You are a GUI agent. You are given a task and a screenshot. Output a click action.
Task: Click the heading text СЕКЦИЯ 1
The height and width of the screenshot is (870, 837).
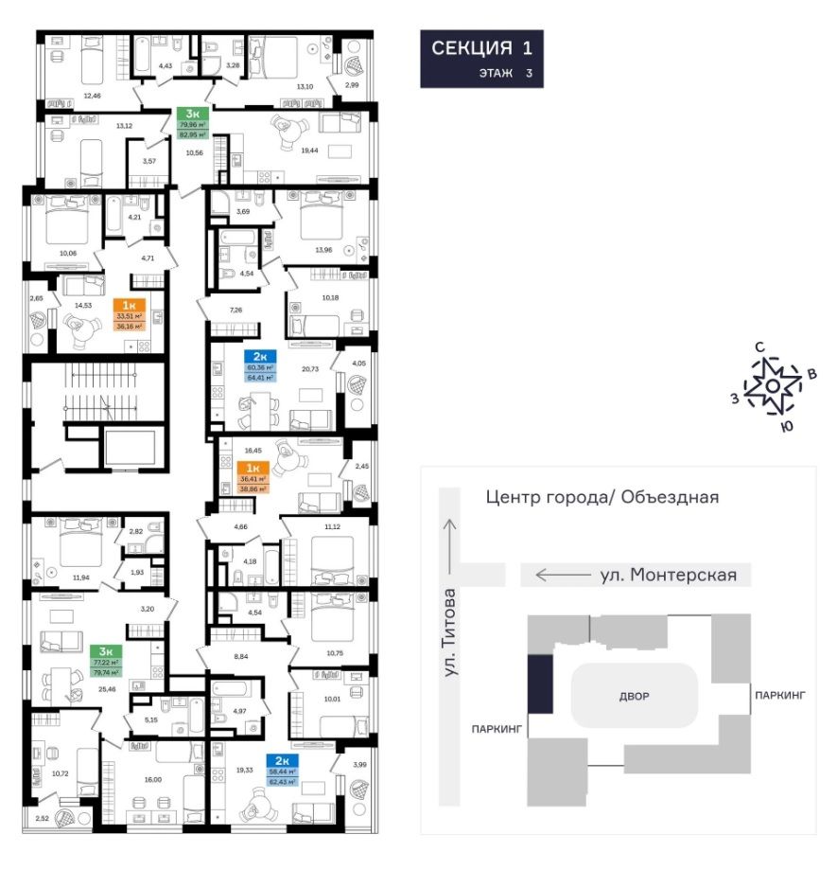[x=481, y=49]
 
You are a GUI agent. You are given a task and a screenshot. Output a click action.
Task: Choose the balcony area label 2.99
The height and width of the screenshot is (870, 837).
[x=352, y=85]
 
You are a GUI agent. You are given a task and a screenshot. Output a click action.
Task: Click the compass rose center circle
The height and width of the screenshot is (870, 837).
[x=773, y=386]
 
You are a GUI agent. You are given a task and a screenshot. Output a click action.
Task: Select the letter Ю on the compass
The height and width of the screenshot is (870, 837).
[x=785, y=426]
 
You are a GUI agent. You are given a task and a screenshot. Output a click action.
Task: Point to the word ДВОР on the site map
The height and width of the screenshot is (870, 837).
[x=635, y=697]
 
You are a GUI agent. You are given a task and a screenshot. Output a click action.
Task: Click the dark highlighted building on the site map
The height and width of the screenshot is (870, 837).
[x=538, y=684]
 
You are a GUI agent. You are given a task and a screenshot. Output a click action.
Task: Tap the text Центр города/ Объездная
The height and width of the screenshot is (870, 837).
[x=602, y=496]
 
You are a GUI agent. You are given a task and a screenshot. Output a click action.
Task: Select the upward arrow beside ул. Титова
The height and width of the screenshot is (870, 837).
[x=452, y=542]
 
